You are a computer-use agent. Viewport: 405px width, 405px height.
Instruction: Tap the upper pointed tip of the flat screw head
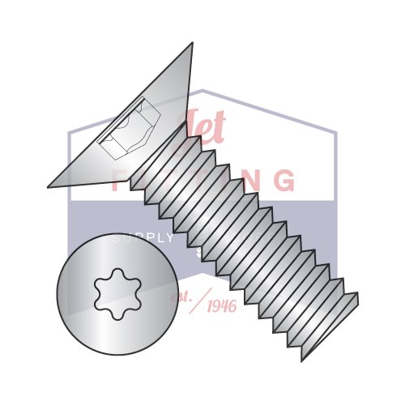[192, 44]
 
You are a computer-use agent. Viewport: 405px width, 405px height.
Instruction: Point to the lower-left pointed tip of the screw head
[49, 187]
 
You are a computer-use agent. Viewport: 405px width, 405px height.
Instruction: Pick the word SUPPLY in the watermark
[143, 238]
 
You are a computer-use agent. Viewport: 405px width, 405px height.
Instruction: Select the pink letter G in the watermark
[283, 179]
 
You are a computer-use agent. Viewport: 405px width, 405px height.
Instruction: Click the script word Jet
[203, 130]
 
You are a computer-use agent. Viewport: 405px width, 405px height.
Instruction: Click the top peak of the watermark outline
[202, 90]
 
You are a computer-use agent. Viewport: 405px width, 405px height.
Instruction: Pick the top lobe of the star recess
[117, 274]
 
